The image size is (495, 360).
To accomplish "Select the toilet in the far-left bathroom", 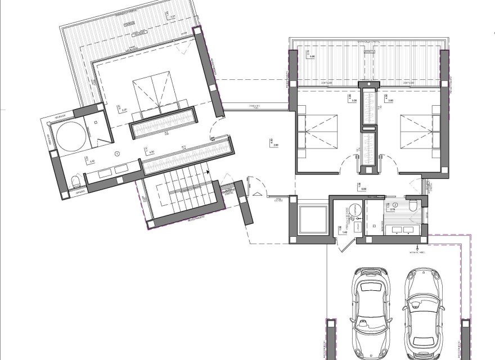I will (76, 181).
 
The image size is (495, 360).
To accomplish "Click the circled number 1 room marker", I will (117, 153).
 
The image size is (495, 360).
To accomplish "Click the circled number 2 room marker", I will (395, 205).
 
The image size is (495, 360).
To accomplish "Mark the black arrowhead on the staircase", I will (208, 173).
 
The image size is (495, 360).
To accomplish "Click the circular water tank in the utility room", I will (354, 209).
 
